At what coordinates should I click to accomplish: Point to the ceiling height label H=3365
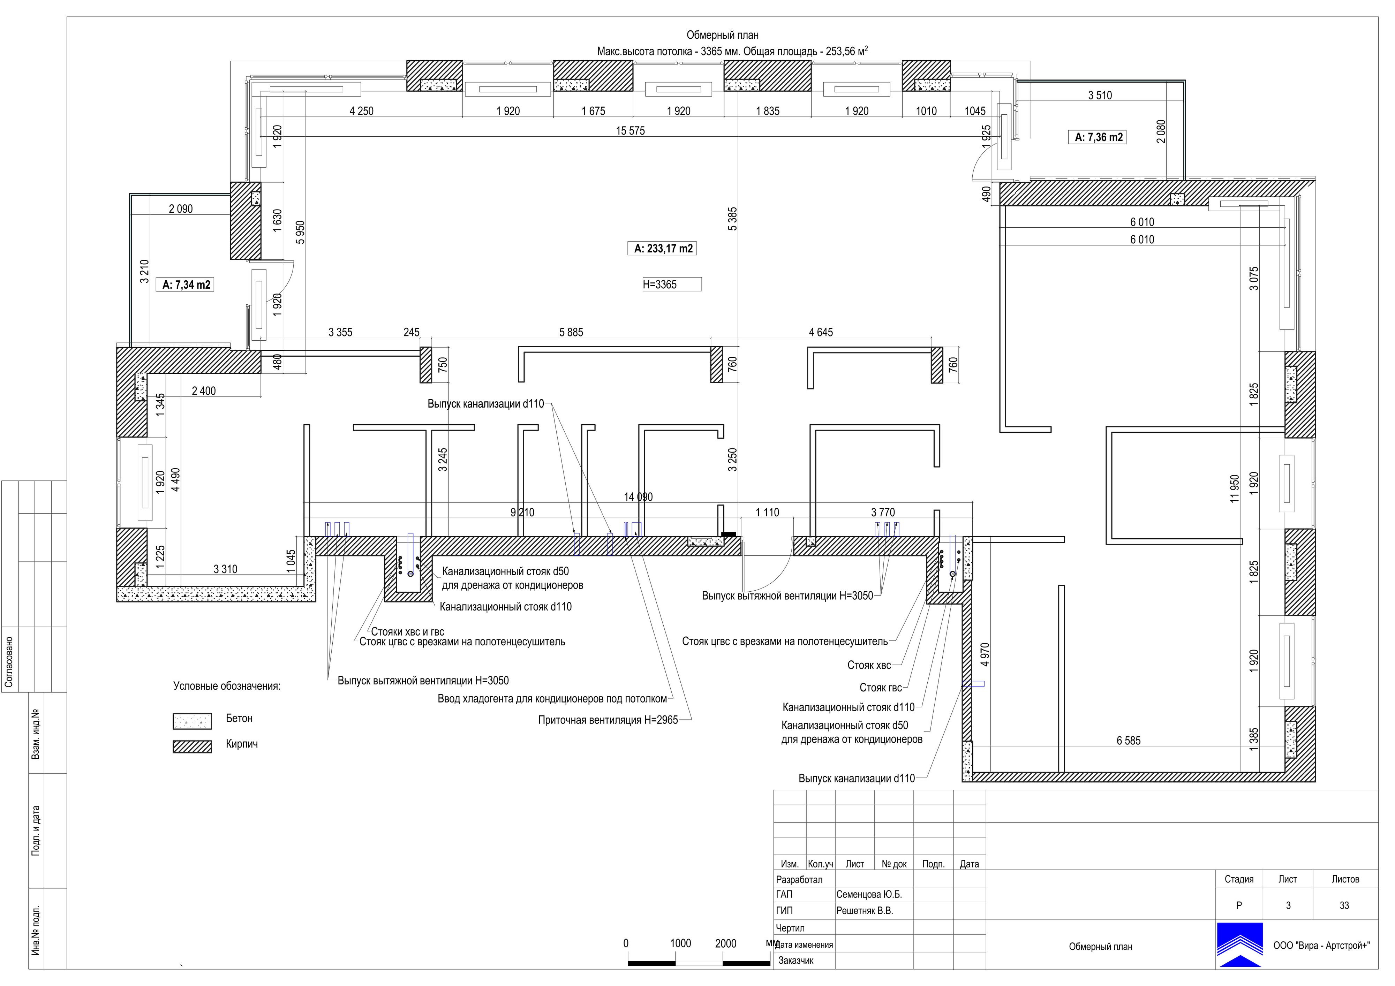(x=660, y=284)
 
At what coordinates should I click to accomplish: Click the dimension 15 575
(x=630, y=131)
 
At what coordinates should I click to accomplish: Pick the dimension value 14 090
(x=638, y=497)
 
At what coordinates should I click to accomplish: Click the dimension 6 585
(x=1128, y=741)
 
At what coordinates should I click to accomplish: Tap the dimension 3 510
(x=1100, y=96)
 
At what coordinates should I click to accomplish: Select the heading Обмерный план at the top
(x=722, y=35)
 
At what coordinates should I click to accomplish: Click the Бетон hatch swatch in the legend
(x=192, y=721)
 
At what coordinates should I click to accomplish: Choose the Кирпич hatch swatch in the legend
(x=192, y=746)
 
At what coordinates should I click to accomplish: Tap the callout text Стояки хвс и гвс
(x=408, y=632)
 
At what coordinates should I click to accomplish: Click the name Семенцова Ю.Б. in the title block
(x=869, y=895)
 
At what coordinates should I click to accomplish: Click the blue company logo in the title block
(x=1239, y=945)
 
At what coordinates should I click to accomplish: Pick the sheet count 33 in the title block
(x=1344, y=906)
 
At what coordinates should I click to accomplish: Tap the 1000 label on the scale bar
(x=680, y=943)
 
